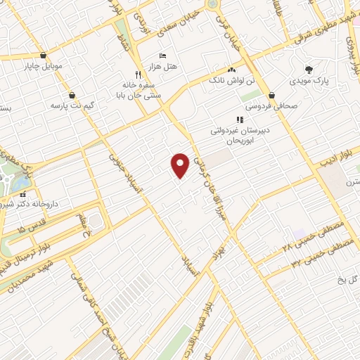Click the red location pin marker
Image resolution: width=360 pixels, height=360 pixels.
(181, 165)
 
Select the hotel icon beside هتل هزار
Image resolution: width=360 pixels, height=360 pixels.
(163, 56)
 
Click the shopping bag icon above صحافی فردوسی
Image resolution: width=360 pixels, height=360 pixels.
(272, 95)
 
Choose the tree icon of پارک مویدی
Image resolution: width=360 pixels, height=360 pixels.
(309, 69)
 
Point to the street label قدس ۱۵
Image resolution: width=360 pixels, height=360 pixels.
(32, 229)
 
